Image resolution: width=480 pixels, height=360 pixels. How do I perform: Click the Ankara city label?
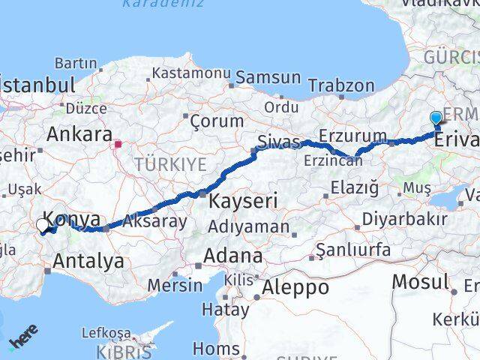click(79, 134)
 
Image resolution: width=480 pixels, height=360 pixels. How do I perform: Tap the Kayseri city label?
click(243, 200)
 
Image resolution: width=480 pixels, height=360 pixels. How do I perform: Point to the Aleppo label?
click(295, 286)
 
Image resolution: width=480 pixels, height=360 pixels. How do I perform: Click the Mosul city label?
click(419, 281)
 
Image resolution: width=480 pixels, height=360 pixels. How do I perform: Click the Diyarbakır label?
click(404, 220)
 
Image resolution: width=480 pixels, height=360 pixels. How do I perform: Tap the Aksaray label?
click(154, 221)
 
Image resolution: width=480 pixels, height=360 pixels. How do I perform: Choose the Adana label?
click(232, 255)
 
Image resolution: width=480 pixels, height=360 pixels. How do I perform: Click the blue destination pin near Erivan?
click(436, 118)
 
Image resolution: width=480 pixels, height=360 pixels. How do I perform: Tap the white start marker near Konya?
click(42, 224)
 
